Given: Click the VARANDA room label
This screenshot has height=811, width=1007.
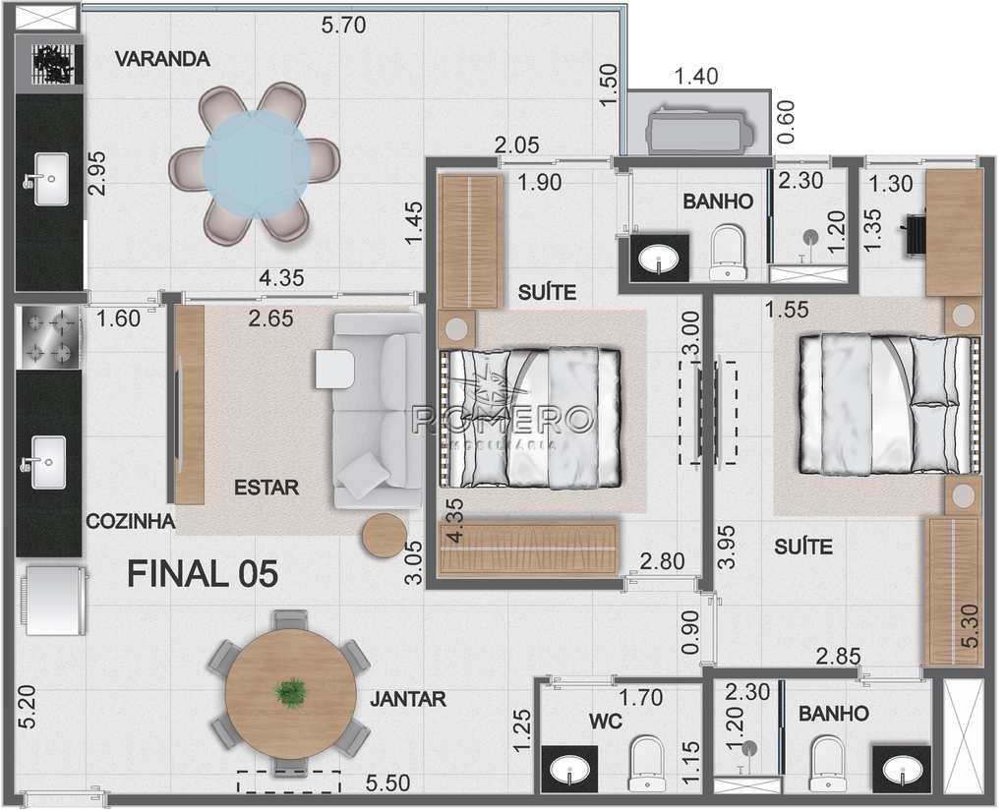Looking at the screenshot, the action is click(x=162, y=59).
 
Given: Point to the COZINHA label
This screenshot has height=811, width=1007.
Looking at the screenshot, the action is click(x=131, y=521).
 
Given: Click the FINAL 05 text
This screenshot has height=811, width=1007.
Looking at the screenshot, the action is click(x=203, y=573).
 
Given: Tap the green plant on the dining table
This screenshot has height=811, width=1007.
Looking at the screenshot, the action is click(x=290, y=692).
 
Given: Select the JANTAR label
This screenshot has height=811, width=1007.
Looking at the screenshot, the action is click(x=408, y=699).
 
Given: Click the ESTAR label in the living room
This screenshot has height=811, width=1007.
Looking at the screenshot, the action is click(x=267, y=488).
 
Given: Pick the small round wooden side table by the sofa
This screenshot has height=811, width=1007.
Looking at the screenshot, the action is click(x=385, y=536).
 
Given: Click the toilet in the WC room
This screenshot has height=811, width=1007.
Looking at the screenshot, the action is click(x=646, y=763).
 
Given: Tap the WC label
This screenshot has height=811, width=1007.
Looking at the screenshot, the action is click(x=606, y=722).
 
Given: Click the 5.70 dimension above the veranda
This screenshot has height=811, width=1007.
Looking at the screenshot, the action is click(x=343, y=25).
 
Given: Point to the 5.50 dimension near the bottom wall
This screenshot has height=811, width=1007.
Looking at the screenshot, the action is click(x=387, y=782).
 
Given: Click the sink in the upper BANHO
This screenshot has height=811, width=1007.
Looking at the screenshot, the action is click(x=660, y=259).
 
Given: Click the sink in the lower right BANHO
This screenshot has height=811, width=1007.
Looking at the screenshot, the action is click(x=901, y=770).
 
